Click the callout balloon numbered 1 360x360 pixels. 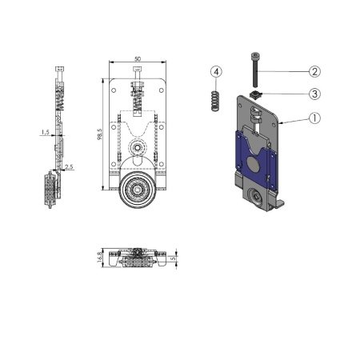314,118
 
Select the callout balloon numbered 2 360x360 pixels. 314,71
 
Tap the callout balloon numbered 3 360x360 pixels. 314,94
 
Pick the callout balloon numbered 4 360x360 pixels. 216,72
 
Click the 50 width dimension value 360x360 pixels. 138,59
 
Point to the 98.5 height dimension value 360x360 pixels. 100,134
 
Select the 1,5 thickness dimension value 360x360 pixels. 46,132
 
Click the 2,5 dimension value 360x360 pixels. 69,167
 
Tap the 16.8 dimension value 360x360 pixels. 99,257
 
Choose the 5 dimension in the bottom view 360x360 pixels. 173,258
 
